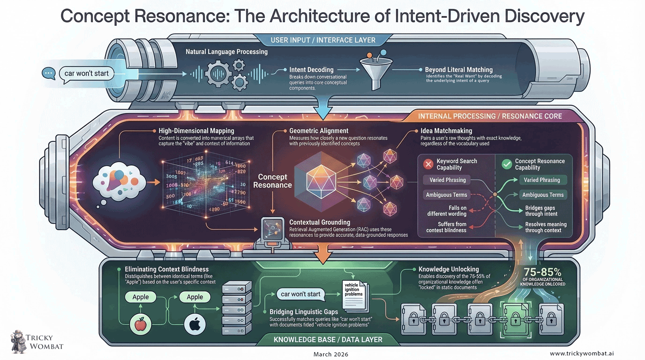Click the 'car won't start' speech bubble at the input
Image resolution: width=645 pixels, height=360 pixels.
(x=86, y=73)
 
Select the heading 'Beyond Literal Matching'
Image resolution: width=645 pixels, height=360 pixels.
(x=458, y=70)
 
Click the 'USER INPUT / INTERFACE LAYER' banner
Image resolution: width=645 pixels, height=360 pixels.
(x=323, y=40)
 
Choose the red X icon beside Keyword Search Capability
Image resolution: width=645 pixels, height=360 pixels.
(x=427, y=164)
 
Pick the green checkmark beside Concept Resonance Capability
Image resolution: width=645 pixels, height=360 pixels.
(x=506, y=164)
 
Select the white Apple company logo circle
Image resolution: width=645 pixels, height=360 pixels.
(x=195, y=324)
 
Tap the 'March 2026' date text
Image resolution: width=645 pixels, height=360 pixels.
(x=330, y=354)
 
